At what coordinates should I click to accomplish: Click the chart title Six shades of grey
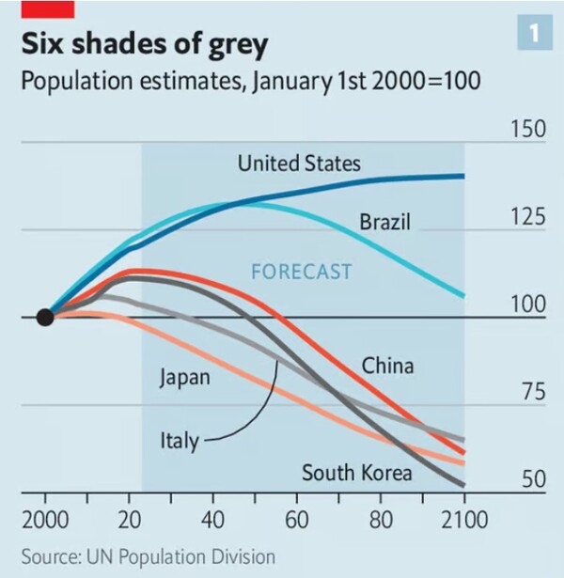[x=145, y=45]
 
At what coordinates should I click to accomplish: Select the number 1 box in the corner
[x=533, y=33]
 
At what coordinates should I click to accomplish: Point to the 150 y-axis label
[x=528, y=129]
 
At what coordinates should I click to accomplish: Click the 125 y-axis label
[x=528, y=217]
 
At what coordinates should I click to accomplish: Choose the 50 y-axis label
[x=533, y=479]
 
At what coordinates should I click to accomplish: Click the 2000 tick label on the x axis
[x=44, y=519]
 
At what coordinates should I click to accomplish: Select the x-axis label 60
[x=297, y=519]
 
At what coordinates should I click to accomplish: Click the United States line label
[x=298, y=164]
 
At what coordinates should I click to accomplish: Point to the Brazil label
[x=385, y=223]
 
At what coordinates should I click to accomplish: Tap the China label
[x=387, y=365]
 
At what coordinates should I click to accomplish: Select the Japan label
[x=184, y=379]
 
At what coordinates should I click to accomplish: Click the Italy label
[x=179, y=440]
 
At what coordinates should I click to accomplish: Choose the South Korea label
[x=356, y=472]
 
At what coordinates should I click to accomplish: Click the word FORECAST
[x=301, y=272]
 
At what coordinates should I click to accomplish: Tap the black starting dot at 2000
[x=44, y=317]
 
